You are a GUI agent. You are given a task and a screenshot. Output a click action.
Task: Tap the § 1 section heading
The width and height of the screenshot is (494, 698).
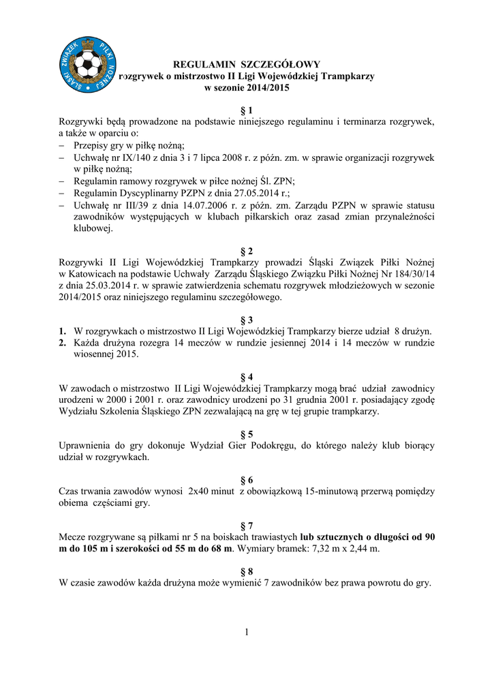[x=247, y=110]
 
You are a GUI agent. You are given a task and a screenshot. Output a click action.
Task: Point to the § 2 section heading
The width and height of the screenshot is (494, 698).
[x=247, y=250]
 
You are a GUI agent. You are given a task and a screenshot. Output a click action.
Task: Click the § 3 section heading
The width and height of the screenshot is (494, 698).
[x=247, y=320]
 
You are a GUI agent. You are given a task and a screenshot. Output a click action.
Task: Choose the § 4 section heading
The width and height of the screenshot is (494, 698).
[x=247, y=376]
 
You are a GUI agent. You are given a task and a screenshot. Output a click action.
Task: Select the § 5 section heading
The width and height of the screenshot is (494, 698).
[x=247, y=434]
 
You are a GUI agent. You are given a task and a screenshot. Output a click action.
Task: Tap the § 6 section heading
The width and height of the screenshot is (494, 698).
[x=247, y=479]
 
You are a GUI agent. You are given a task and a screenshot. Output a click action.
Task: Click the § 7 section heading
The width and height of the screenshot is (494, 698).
[x=247, y=525]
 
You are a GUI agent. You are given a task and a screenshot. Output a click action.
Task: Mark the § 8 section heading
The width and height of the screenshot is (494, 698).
[x=247, y=571]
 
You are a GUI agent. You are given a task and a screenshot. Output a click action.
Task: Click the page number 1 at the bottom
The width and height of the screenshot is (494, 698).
[x=247, y=632]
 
